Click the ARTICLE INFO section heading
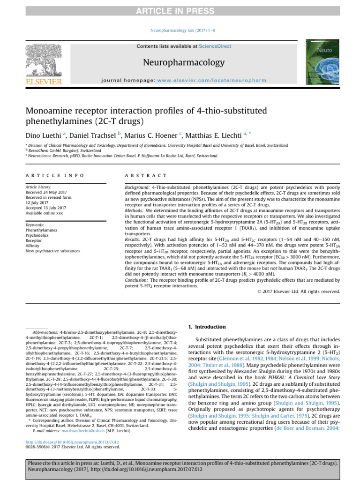point(55,175)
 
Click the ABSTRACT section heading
point(146,175)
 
